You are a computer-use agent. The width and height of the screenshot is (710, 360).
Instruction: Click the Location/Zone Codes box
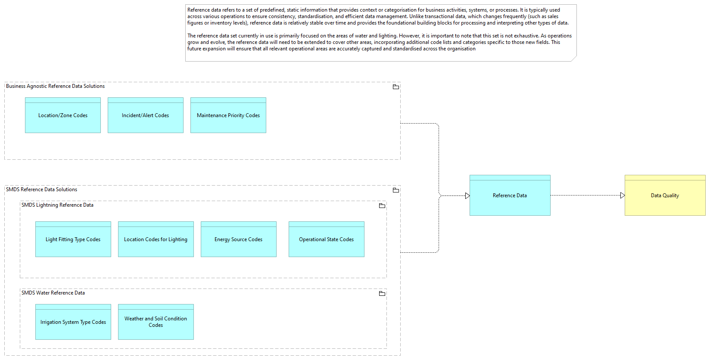click(x=63, y=115)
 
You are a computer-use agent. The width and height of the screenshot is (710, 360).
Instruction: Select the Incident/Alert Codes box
click(x=146, y=115)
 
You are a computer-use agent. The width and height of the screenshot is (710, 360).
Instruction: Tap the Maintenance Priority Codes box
click(x=228, y=115)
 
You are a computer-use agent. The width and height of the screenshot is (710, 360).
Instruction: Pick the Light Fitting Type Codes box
click(x=73, y=239)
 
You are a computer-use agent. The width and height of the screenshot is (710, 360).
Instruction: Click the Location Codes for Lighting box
click(x=156, y=239)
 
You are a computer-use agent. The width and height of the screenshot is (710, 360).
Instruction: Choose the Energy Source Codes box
click(x=239, y=239)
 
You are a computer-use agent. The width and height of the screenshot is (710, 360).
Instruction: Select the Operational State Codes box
click(x=327, y=239)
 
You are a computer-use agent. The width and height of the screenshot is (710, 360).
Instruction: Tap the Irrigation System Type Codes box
click(x=73, y=322)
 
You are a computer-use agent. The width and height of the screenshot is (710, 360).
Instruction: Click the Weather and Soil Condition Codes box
click(x=156, y=322)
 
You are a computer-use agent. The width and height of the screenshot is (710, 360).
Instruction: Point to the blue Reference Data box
click(x=510, y=195)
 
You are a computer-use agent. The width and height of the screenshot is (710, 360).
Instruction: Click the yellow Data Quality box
click(x=665, y=195)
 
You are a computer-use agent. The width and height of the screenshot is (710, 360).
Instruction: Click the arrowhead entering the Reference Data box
click(x=467, y=196)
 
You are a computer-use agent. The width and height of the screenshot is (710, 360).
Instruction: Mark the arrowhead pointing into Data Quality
click(x=623, y=195)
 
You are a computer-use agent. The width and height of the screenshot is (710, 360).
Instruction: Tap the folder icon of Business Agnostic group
click(x=396, y=87)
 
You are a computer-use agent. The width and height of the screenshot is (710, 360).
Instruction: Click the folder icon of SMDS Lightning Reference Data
click(x=382, y=206)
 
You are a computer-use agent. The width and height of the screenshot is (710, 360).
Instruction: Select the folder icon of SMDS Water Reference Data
click(x=382, y=293)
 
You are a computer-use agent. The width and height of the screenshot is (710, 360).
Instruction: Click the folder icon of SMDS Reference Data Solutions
click(x=396, y=190)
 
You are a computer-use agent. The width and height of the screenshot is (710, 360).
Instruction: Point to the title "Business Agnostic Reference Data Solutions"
click(x=55, y=86)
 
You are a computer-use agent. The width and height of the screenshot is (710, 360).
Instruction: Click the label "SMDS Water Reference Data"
click(x=53, y=293)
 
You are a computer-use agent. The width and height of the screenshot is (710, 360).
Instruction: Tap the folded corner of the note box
click(x=574, y=59)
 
